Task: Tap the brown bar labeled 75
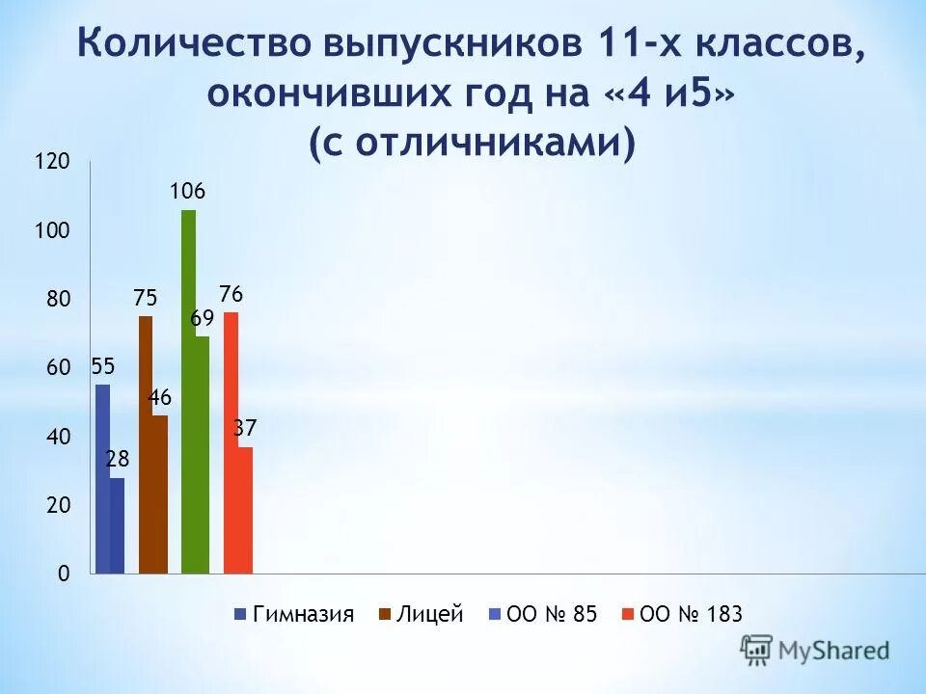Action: pyautogui.click(x=146, y=444)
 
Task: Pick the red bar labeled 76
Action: pyautogui.click(x=231, y=442)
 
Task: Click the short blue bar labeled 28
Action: pyautogui.click(x=117, y=525)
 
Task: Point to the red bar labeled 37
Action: pyautogui.click(x=245, y=510)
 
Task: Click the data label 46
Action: pyautogui.click(x=160, y=396)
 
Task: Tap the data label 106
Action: pyautogui.click(x=188, y=192)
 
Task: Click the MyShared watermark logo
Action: pyautogui.click(x=815, y=651)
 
